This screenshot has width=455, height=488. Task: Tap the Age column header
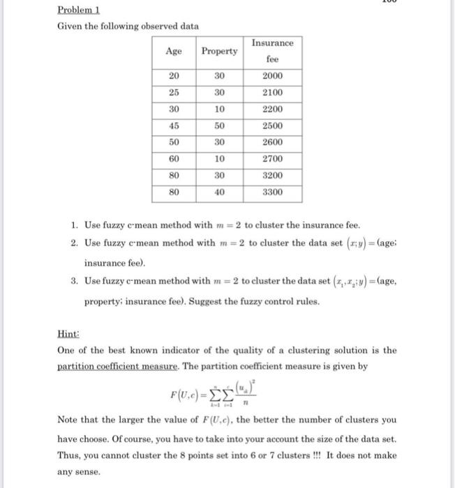(174, 51)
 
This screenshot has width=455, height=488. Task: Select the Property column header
(218, 51)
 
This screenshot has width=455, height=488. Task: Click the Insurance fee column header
(272, 51)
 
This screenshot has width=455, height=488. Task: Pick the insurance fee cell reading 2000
(272, 76)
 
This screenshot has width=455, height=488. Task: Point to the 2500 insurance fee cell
(272, 125)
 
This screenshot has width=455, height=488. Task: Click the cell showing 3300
(272, 191)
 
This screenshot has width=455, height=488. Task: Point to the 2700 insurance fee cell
(272, 158)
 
